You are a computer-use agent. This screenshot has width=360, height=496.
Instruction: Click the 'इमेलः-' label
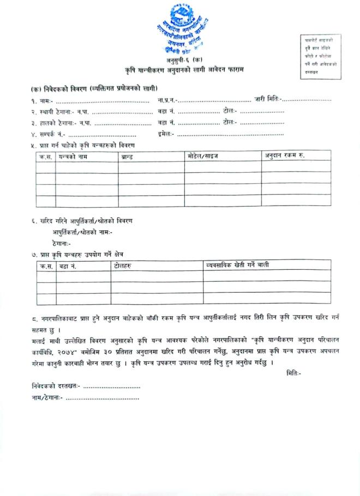coord(165,134)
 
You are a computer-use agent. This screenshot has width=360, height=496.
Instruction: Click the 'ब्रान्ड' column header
coord(127,156)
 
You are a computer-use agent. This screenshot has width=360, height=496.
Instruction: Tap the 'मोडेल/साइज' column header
coord(202,156)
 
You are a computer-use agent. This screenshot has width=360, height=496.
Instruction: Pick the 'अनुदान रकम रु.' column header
coord(285,156)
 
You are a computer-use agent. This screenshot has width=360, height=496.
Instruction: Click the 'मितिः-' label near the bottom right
coord(293,373)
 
